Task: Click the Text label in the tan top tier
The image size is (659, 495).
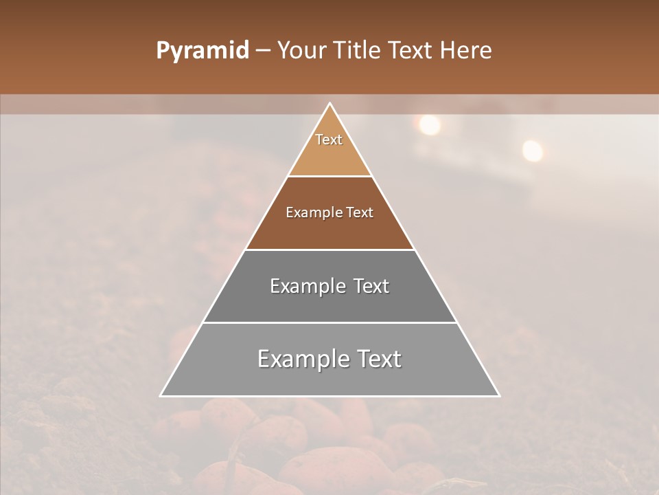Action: coord(329,140)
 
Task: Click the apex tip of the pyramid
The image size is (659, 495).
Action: coord(330,104)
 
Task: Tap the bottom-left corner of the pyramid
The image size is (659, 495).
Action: coord(161,395)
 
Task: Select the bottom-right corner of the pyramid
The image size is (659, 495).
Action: coord(499,395)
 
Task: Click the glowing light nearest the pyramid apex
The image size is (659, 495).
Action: coord(429,124)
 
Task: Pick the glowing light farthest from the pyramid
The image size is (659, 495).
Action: coord(532,151)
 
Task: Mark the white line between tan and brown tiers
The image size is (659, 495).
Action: coord(330,177)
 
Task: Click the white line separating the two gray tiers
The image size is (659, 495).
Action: coord(330,322)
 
